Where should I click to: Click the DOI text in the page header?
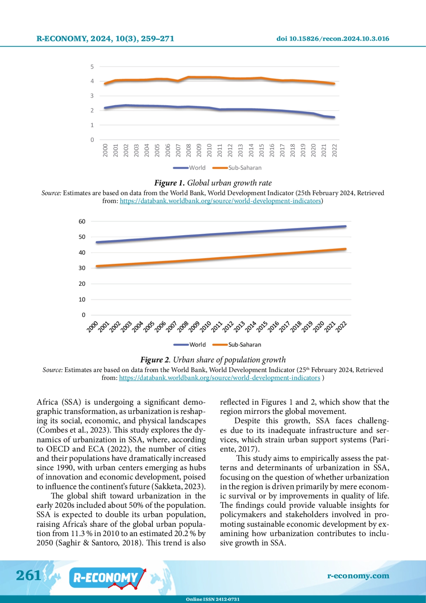333,39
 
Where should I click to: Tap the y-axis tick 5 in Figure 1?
92,67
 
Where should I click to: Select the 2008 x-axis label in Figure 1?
189,150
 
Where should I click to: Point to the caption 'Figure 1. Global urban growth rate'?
213,183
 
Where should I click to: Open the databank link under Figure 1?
220,201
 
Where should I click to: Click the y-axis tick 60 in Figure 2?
82,221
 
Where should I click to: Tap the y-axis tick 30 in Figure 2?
82,268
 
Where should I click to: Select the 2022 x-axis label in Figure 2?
341,327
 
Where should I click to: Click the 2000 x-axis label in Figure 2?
92,327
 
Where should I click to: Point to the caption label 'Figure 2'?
155,360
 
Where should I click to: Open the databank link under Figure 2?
219,378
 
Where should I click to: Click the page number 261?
28,575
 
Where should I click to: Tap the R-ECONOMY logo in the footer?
106,578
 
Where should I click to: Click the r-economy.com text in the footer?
358,576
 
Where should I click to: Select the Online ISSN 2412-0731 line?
213,599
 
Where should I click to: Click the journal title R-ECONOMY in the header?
62,39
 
